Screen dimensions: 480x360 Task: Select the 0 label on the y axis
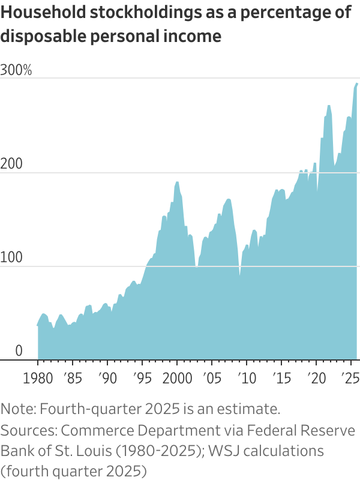point(19,350)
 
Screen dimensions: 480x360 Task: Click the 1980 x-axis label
point(37,380)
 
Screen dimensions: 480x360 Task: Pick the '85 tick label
point(73,380)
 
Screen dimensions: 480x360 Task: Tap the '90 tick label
point(107,380)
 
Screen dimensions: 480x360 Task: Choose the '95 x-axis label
point(142,380)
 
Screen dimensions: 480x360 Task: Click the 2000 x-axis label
point(177,380)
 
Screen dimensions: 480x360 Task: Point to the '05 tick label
point(212,380)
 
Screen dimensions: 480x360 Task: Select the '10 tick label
point(245,380)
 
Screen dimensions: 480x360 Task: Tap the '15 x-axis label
point(280,380)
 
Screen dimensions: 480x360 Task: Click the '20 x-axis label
point(316,380)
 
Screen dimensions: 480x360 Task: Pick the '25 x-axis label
point(350,380)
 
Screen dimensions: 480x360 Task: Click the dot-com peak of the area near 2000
point(177,182)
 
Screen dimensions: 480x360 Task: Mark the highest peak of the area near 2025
point(357,83)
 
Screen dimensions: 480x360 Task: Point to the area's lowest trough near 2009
point(239,276)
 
